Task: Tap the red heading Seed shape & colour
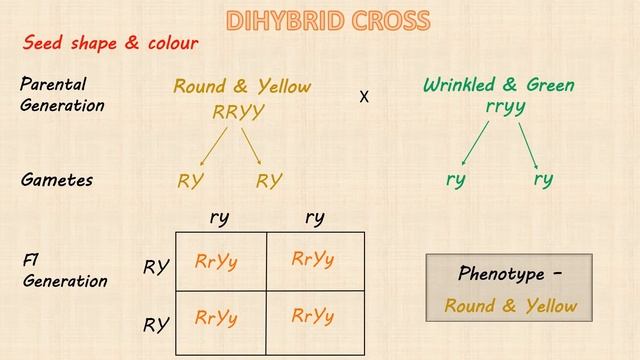[x=111, y=43]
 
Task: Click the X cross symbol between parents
[x=364, y=98]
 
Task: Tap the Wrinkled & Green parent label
[x=498, y=85]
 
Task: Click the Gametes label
[x=57, y=181]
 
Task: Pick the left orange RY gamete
[x=191, y=181]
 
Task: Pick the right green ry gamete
[x=543, y=180]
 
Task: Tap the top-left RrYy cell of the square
[x=217, y=262]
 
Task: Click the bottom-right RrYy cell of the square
[x=313, y=317]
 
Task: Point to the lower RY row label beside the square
[x=154, y=325]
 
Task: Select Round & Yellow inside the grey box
[x=511, y=306]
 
